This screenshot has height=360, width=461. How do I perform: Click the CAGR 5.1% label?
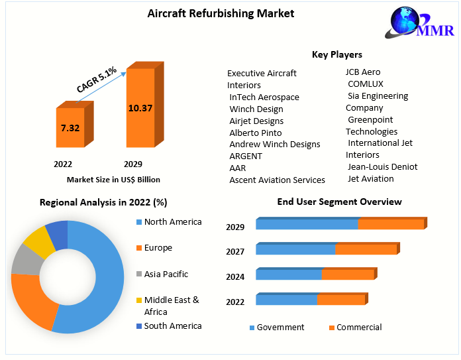[x=97, y=79]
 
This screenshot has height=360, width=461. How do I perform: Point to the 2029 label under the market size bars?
[x=133, y=164]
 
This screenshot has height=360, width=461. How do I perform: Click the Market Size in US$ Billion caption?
[x=113, y=180]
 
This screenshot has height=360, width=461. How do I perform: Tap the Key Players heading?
[x=337, y=54]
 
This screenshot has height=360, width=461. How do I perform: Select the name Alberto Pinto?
[x=256, y=133]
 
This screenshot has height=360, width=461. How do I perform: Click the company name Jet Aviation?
[x=371, y=178]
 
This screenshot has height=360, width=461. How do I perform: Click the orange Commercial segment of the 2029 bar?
[x=391, y=224]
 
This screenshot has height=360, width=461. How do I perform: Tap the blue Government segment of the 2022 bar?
[x=286, y=300]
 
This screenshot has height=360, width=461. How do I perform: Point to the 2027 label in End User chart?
[x=235, y=251]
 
